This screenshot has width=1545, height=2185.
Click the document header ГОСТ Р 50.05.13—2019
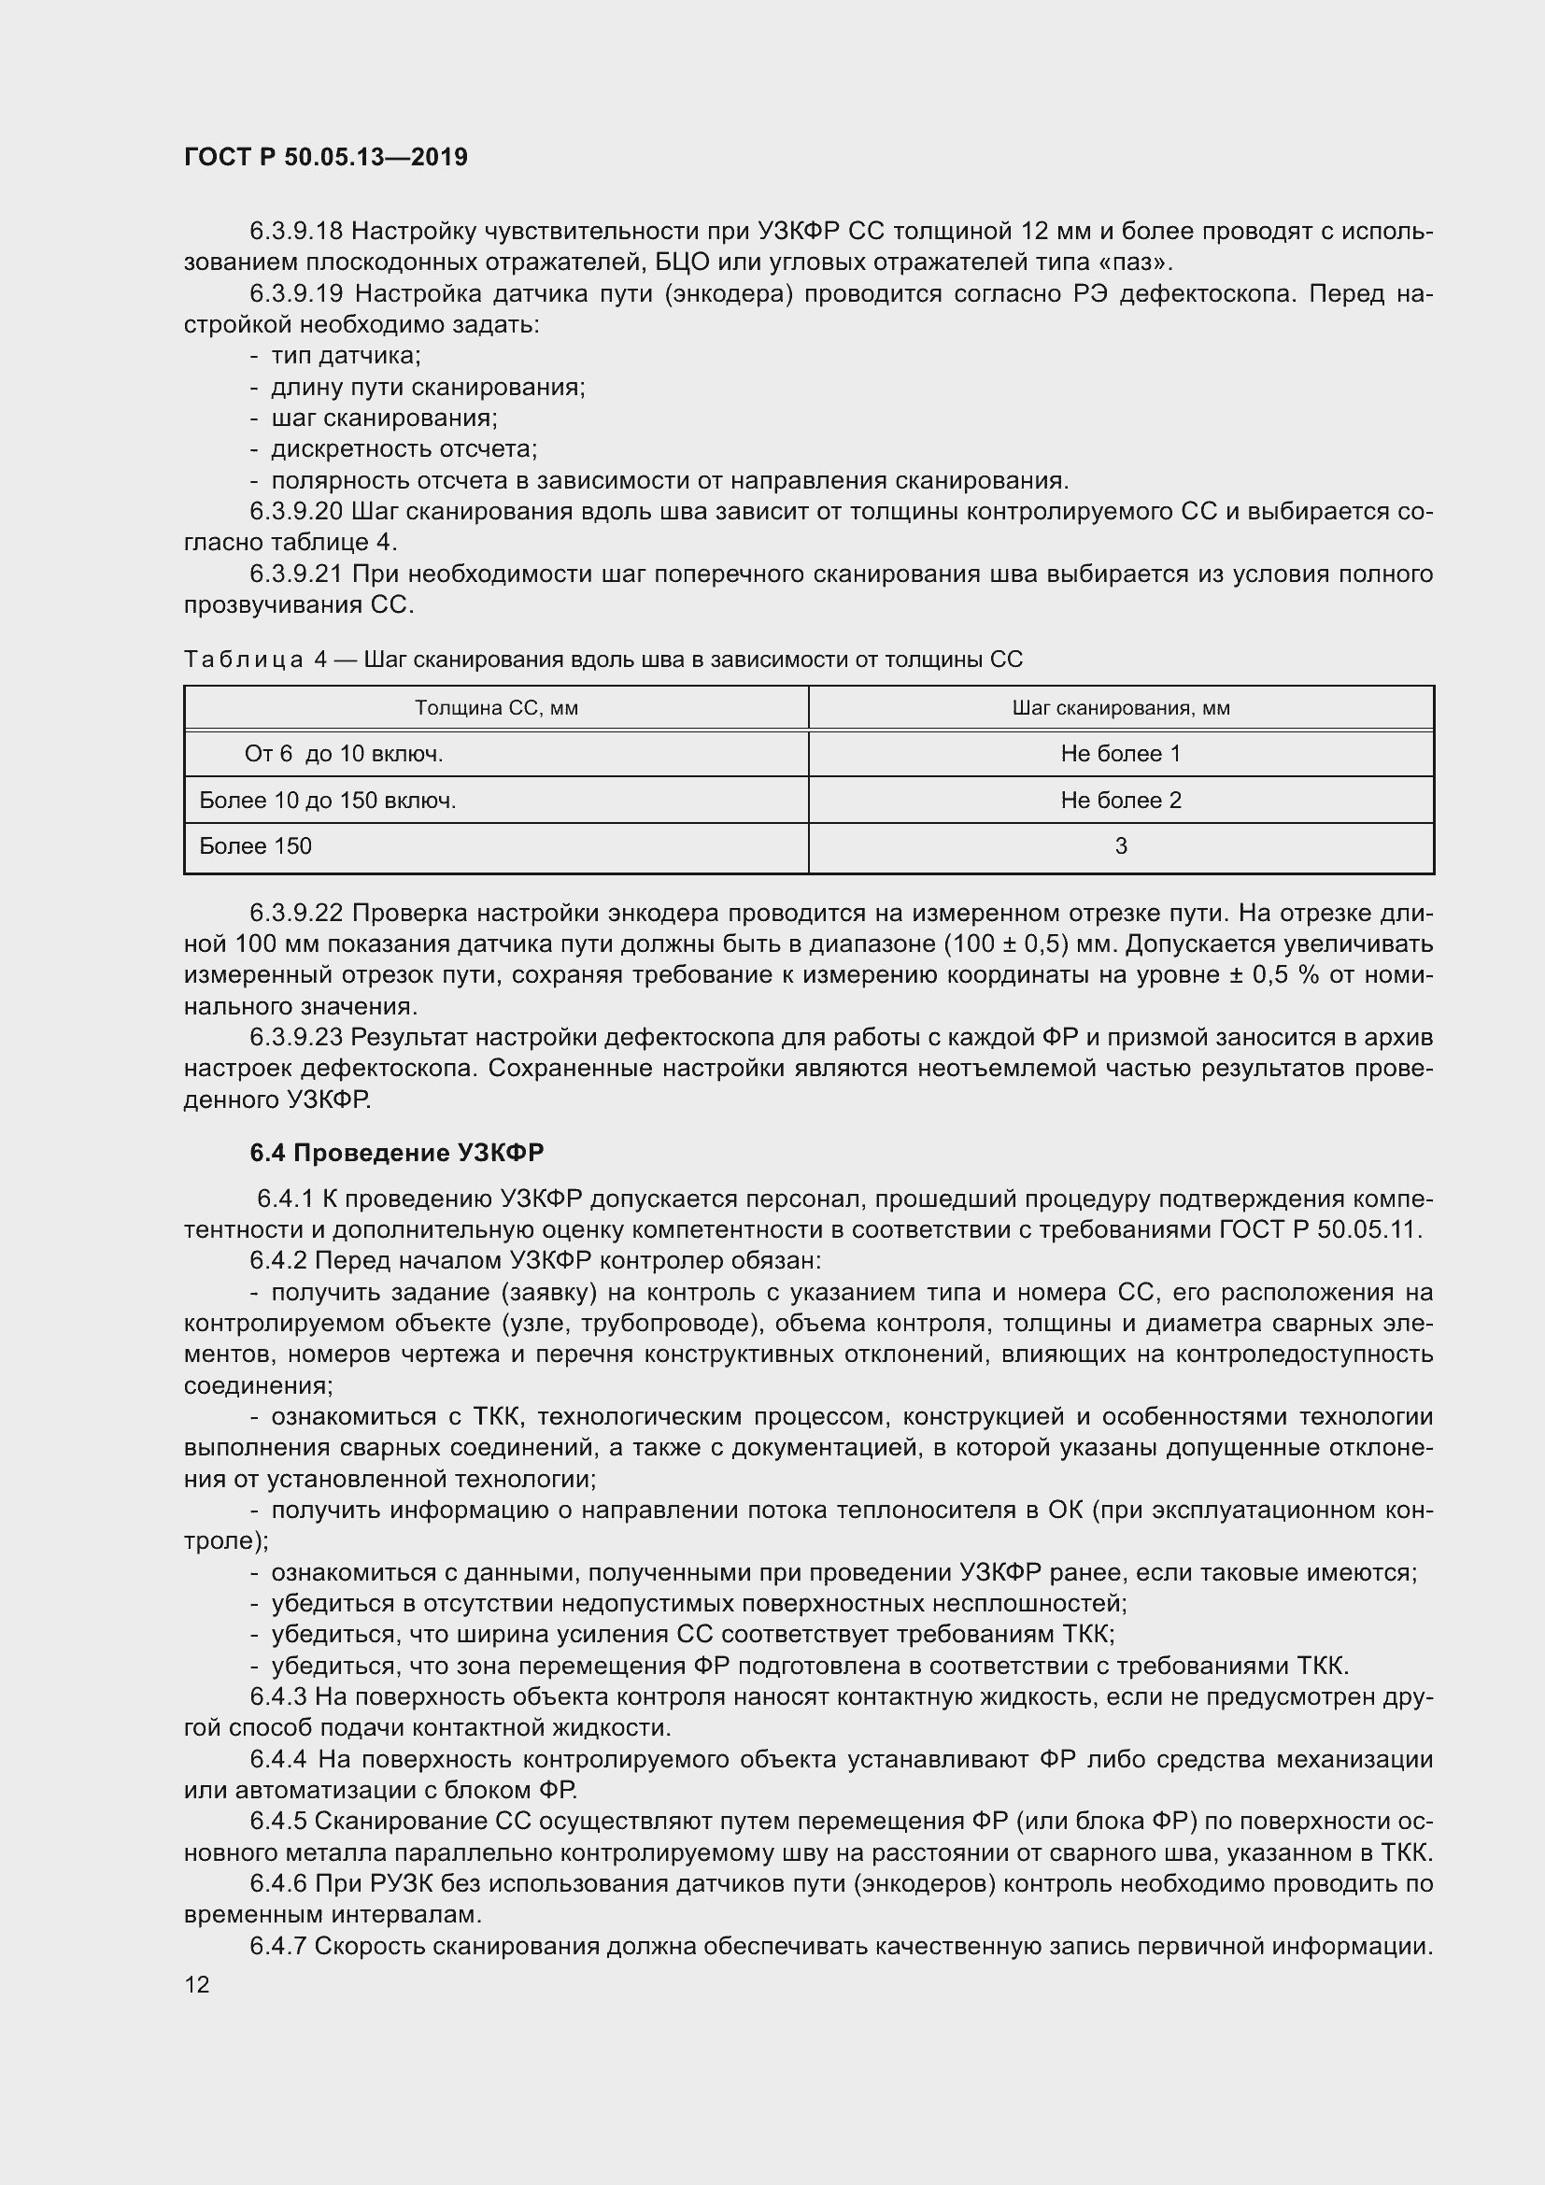[x=325, y=157]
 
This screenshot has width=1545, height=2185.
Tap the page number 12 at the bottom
[x=197, y=1984]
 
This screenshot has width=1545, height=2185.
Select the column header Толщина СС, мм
[x=496, y=708]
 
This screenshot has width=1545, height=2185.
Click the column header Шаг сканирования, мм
[x=1121, y=708]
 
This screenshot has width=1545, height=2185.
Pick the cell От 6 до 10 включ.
[x=344, y=754]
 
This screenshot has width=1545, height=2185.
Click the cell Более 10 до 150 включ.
[x=327, y=801]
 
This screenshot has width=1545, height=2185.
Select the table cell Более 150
[x=255, y=846]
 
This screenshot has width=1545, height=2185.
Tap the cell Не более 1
[x=1121, y=754]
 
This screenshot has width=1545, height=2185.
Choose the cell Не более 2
[x=1121, y=801]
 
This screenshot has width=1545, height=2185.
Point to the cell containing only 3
[x=1121, y=846]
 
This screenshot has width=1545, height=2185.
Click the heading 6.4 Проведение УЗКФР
[x=397, y=1153]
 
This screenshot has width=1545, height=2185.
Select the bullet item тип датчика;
[x=346, y=356]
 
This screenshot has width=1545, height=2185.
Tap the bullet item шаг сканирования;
[x=384, y=418]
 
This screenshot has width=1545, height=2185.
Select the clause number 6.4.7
[x=277, y=1946]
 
